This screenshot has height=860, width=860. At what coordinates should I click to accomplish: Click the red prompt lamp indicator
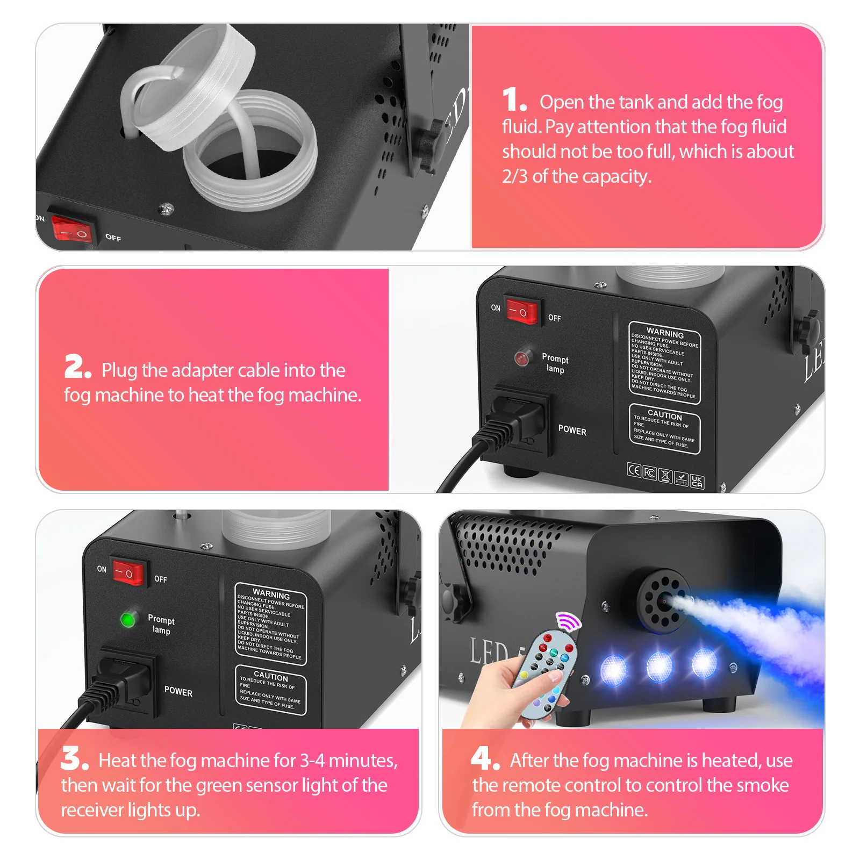click(x=521, y=358)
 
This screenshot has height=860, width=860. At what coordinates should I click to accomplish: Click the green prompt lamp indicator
click(x=128, y=620)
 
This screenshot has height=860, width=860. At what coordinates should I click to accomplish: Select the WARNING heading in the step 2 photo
click(x=665, y=333)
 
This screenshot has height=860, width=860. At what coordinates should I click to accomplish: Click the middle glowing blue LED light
click(x=659, y=666)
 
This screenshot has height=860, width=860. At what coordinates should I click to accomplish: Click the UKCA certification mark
click(x=697, y=481)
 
